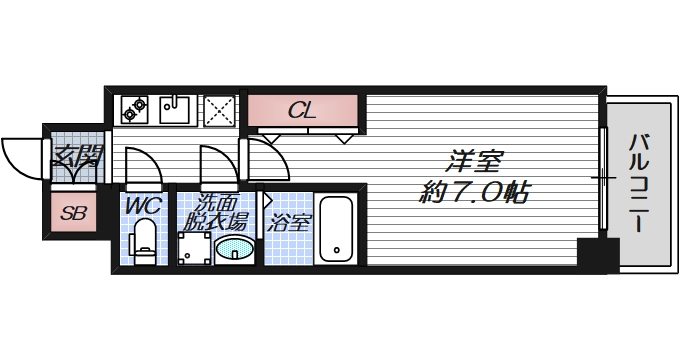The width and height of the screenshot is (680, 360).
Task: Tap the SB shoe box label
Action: (73, 212)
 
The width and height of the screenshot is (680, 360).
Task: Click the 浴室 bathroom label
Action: (289, 222)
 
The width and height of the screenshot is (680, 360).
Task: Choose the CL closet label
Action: (302, 111)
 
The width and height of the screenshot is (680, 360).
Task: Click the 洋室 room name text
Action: (472, 161)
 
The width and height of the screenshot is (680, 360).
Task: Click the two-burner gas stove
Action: (135, 109)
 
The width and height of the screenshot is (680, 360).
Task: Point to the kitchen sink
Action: (178, 109)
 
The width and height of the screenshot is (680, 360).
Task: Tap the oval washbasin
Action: (235, 248)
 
